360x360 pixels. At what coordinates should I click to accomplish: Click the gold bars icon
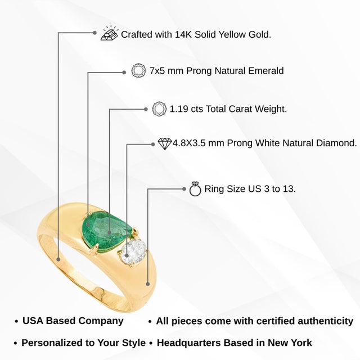coord(110,33)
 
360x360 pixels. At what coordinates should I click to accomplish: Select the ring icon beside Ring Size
coord(195,189)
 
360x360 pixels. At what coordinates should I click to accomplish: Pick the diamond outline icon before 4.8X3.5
coord(165,144)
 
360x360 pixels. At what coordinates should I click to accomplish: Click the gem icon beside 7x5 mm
coord(139,70)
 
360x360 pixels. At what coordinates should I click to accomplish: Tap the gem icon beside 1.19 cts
coord(159,109)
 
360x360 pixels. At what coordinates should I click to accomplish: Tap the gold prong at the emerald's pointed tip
coord(136,229)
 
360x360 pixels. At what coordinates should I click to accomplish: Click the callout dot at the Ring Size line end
coord(184,189)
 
